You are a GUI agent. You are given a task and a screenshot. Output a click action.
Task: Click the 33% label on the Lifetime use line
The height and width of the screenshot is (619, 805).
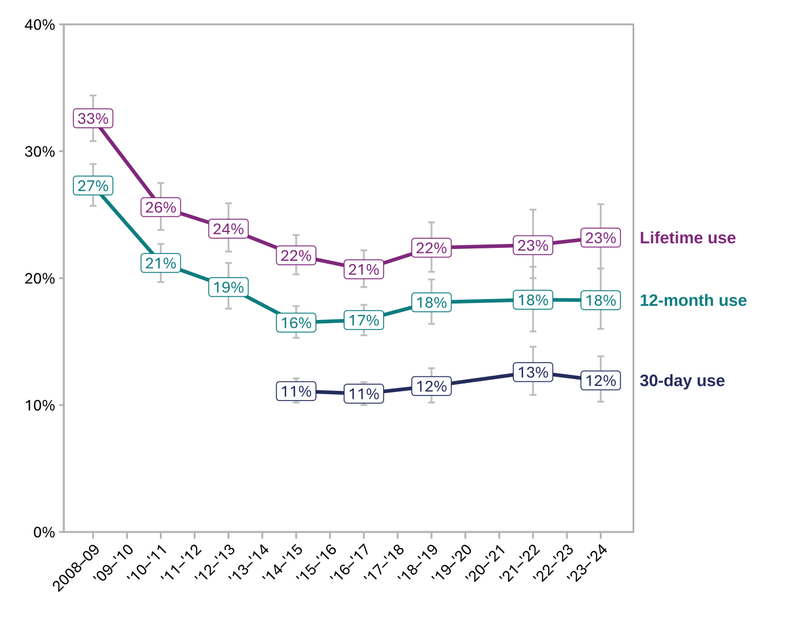click(93, 119)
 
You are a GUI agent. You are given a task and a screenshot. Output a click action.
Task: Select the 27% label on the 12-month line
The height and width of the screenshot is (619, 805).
click(93, 186)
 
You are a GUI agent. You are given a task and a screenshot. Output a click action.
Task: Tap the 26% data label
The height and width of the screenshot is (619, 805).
click(161, 207)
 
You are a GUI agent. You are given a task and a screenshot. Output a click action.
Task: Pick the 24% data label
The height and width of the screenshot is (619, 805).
click(228, 229)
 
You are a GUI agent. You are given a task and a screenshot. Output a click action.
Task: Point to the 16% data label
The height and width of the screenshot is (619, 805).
click(296, 323)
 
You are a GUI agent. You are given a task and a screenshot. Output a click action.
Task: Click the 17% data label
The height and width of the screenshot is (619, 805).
click(363, 320)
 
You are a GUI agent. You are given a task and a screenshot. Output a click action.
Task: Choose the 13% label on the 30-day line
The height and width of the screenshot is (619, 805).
click(532, 372)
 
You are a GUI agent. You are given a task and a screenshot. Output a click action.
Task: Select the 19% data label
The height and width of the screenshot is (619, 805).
click(228, 287)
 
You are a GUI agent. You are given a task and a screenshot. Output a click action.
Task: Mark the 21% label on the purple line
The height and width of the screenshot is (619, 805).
click(363, 270)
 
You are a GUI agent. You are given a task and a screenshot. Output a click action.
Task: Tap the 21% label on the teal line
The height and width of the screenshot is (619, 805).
click(161, 263)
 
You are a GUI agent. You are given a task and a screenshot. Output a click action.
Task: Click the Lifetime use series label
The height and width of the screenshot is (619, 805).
click(687, 238)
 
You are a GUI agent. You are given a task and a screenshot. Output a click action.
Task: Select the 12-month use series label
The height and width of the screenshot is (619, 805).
click(693, 300)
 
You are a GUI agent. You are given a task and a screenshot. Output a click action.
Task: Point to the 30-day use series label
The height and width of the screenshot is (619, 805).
click(682, 381)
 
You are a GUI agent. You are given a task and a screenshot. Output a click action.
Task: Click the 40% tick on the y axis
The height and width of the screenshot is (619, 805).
click(40, 25)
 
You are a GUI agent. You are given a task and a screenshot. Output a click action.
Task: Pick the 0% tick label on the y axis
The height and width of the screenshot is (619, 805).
click(44, 532)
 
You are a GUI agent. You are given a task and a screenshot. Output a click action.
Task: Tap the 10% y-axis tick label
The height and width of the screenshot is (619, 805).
click(40, 406)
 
